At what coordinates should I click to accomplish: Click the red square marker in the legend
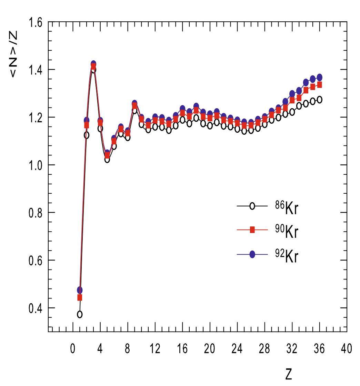(x=252, y=230)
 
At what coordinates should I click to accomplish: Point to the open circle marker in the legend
(x=252, y=206)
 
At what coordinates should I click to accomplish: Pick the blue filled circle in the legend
(x=252, y=254)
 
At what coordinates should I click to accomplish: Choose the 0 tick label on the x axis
(x=73, y=349)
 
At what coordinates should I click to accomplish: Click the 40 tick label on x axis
(x=346, y=349)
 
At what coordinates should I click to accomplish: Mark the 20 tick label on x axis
(x=210, y=349)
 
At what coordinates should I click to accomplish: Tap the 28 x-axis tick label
(x=264, y=349)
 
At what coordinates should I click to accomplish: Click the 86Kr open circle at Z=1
(x=80, y=314)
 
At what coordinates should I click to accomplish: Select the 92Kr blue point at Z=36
(x=319, y=77)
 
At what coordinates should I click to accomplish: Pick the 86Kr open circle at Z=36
(x=319, y=100)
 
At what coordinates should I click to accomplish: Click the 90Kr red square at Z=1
(x=80, y=297)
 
